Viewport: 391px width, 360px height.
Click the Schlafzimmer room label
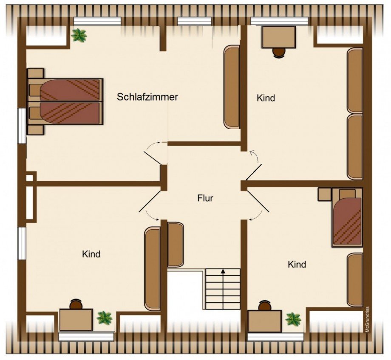tap(147, 97)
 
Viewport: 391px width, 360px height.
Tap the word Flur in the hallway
tap(205, 198)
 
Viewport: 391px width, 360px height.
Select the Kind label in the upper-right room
tap(266, 98)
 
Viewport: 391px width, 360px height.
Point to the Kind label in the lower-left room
tap(91, 254)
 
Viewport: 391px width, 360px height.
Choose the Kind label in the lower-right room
tap(297, 264)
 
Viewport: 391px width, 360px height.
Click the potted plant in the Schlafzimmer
tap(79, 35)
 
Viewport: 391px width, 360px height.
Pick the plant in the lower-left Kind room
tap(104, 318)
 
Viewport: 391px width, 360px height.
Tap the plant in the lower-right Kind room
tap(293, 319)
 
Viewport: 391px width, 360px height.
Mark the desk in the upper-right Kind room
tap(278, 37)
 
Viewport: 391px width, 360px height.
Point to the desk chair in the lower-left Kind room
tap(76, 304)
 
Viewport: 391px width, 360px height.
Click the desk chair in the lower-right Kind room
tap(265, 306)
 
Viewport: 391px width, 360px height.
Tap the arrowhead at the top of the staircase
tap(223, 271)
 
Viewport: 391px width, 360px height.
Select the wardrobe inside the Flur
tap(175, 244)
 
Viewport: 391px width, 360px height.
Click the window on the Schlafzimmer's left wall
tap(21, 126)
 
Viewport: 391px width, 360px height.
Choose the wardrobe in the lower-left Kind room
tap(152, 268)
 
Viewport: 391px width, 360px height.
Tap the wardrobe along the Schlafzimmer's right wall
tap(232, 87)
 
